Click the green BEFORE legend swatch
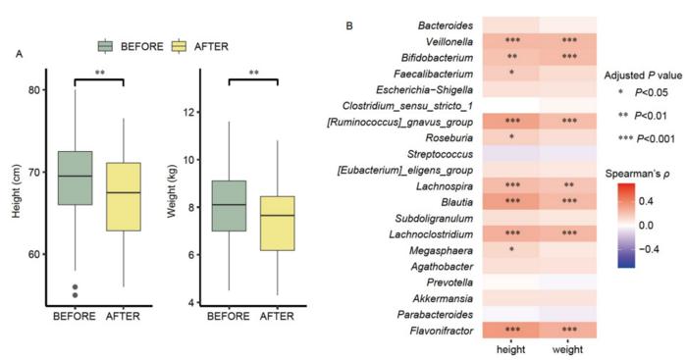pyautogui.click(x=106, y=46)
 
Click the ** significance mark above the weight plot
pyautogui.click(x=255, y=72)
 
